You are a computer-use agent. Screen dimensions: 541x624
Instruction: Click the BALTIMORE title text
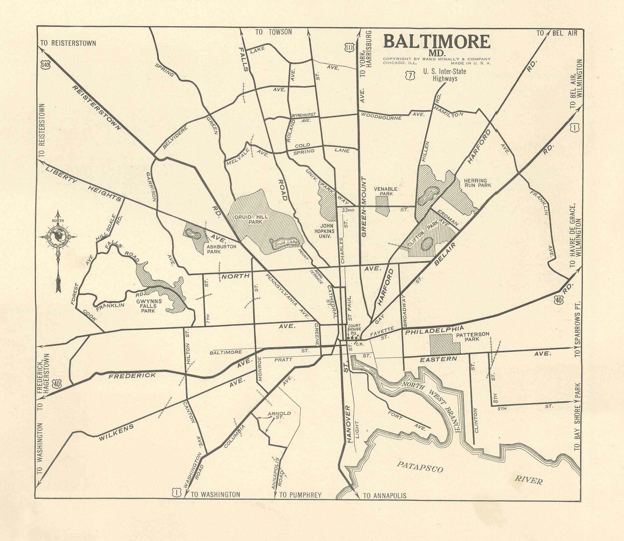pyautogui.click(x=437, y=42)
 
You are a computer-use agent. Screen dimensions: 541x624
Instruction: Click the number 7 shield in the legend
pyautogui.click(x=410, y=76)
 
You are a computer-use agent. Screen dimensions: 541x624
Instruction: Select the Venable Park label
pyautogui.click(x=385, y=191)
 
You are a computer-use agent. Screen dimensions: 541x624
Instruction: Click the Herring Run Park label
pyautogui.click(x=477, y=183)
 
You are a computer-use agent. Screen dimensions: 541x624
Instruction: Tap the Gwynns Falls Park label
pyautogui.click(x=149, y=306)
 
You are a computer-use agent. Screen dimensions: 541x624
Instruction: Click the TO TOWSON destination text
pyautogui.click(x=273, y=32)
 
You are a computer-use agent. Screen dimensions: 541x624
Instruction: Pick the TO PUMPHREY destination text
pyautogui.click(x=300, y=495)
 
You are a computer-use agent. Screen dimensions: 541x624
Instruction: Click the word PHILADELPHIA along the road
pyautogui.click(x=434, y=330)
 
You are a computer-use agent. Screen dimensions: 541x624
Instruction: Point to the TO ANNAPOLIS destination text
pyautogui.click(x=384, y=495)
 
